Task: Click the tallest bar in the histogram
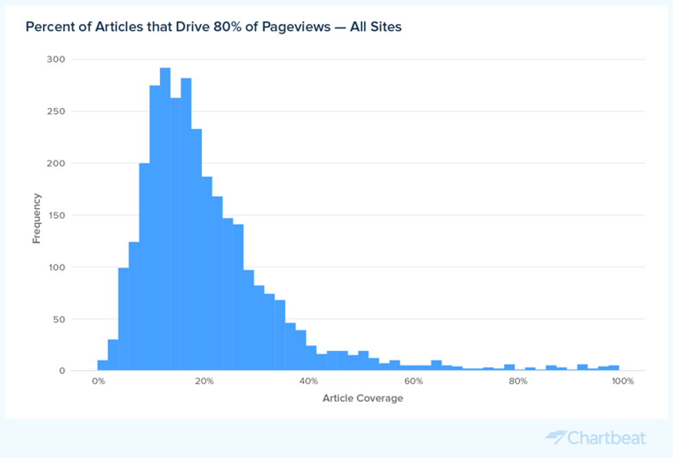point(165,220)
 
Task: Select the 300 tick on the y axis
point(56,60)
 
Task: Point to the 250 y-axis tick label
point(56,111)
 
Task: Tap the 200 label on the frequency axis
point(56,163)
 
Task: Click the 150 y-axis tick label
point(56,215)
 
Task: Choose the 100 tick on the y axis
point(56,267)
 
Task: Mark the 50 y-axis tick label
point(58,319)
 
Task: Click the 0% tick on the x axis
point(99,381)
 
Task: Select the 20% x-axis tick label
point(203,381)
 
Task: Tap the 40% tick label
point(308,381)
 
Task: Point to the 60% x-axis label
point(413,381)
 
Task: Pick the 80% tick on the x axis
point(518,381)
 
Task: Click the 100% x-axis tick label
point(622,381)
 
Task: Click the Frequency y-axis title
point(36,218)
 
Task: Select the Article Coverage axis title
point(363,398)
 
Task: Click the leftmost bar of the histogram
point(102,365)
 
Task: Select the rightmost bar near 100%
point(614,368)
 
